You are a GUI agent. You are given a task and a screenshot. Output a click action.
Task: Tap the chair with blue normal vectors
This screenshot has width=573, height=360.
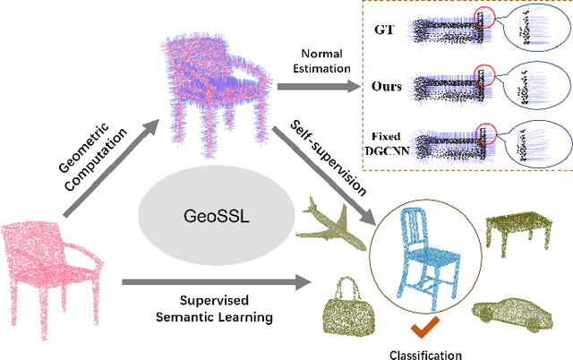point(215,90)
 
